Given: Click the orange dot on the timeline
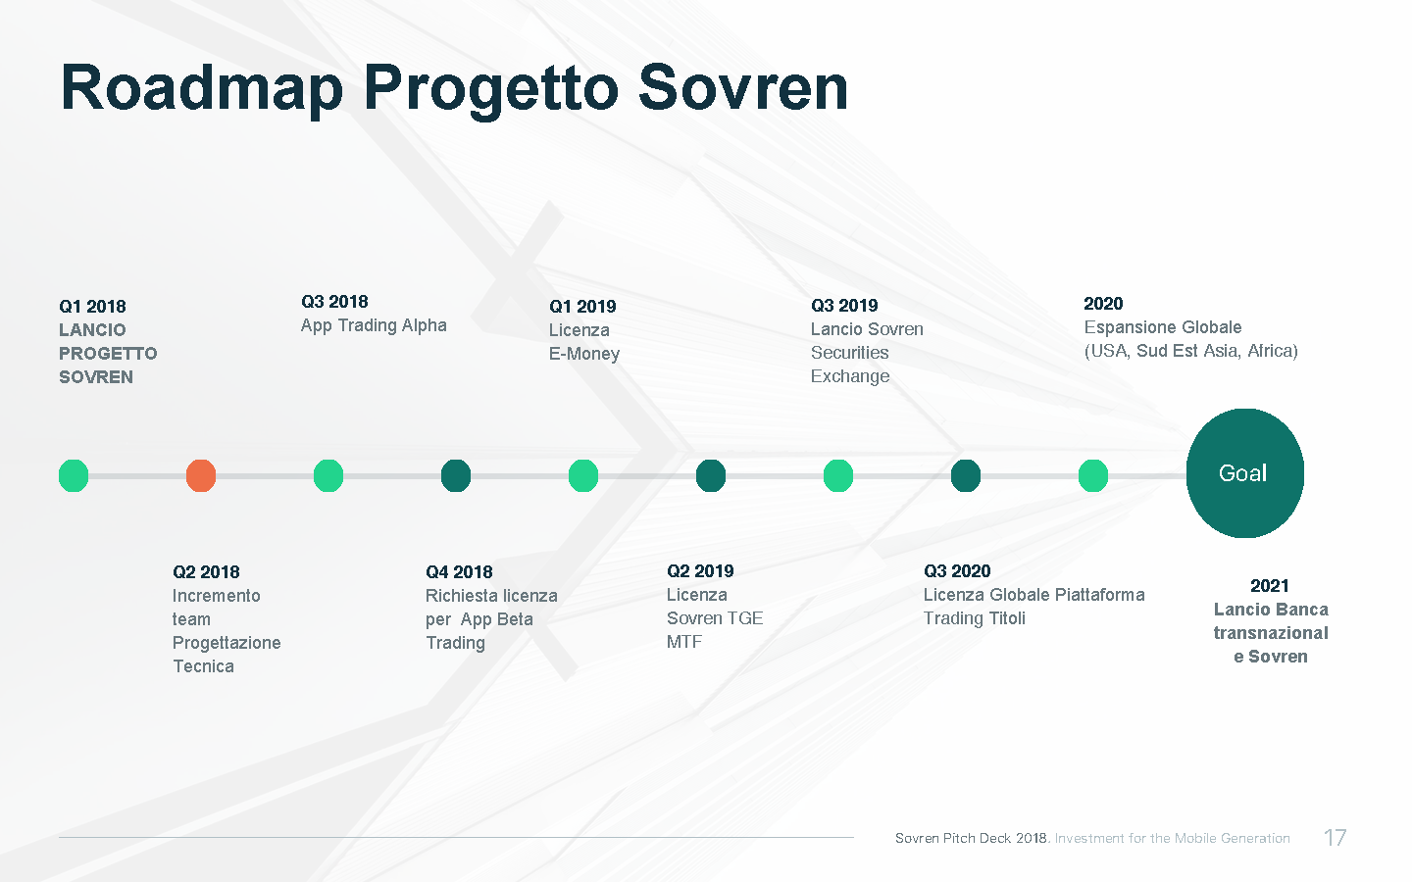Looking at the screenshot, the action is tap(201, 475).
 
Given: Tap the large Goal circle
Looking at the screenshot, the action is tap(1245, 473).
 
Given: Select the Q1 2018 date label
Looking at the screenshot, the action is tap(92, 307).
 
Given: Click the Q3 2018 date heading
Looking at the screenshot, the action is tap(334, 302).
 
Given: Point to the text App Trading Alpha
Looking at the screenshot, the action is tap(374, 325).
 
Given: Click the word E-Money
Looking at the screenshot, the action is tap(584, 354).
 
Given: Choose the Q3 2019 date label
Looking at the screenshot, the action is tap(844, 306).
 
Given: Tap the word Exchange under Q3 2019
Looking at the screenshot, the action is tap(850, 376).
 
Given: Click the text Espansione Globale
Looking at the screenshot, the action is tap(1163, 327).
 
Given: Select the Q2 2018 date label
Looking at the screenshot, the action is tap(206, 572).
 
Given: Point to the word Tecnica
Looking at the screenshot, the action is tap(203, 666).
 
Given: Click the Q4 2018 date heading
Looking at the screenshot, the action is tap(459, 572).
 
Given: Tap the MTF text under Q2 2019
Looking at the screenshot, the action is tap(684, 642).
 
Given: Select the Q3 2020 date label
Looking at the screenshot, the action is tap(957, 571).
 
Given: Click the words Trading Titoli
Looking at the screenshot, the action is tap(975, 618).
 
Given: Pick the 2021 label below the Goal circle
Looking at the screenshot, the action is tap(1270, 586).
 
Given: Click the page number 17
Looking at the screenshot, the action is tap(1336, 838).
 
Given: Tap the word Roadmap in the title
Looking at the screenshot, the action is tap(202, 89).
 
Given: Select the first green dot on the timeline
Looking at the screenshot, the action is tap(74, 475).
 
